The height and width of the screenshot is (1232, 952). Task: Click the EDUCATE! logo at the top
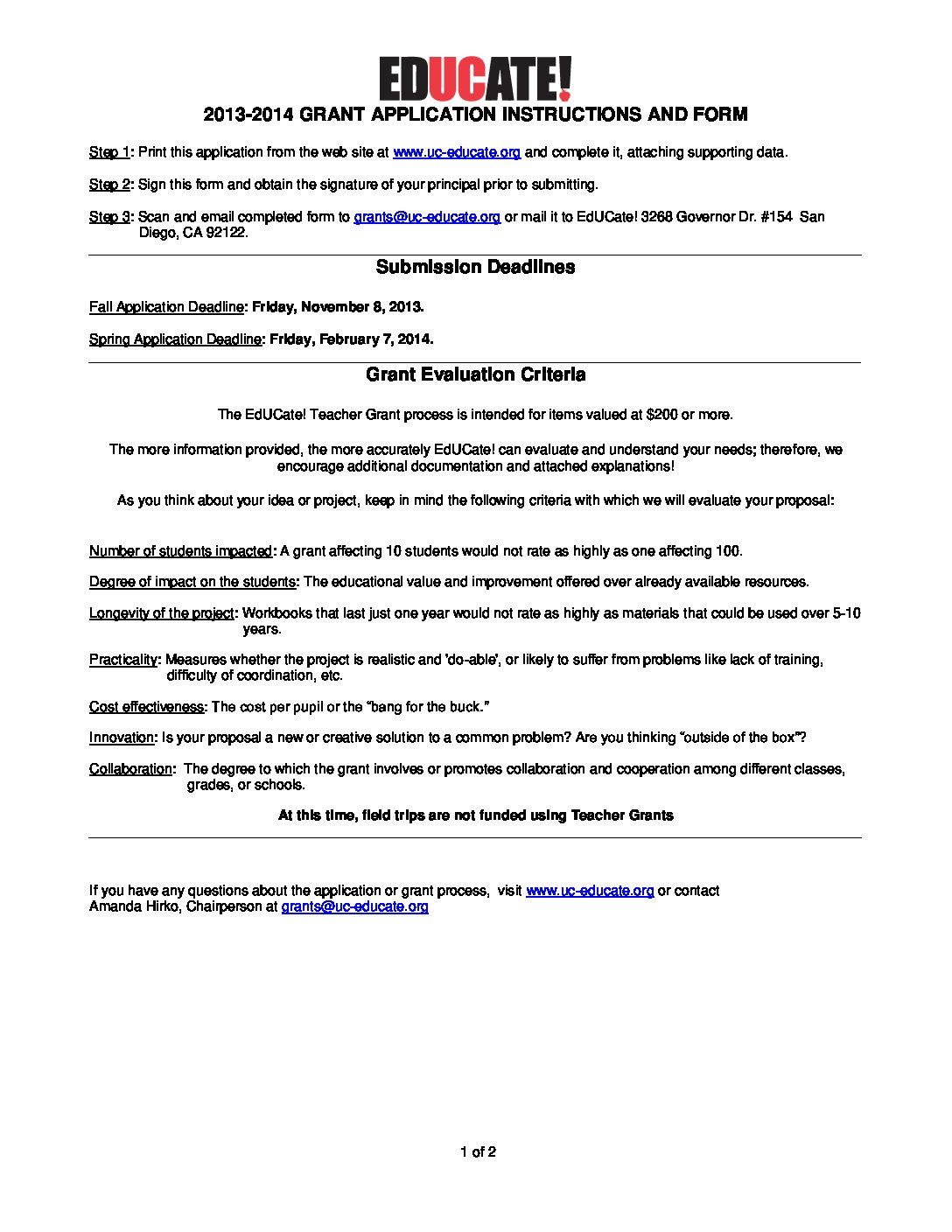[475, 79]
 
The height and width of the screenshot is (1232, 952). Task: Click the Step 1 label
[109, 152]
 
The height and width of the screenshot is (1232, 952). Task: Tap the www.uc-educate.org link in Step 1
[457, 152]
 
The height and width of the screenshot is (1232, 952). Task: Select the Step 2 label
[109, 185]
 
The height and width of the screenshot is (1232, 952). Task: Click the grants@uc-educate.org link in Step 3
[427, 217]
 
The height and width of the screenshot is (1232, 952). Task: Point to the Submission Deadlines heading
[475, 267]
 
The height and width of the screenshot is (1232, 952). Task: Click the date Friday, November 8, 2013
[337, 307]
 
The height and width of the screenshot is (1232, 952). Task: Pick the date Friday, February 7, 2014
[351, 339]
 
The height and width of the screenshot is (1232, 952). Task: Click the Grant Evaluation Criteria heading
[475, 374]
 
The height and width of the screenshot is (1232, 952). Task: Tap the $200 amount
[661, 415]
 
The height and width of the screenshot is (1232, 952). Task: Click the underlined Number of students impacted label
[180, 551]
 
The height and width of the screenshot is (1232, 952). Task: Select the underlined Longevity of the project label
[162, 613]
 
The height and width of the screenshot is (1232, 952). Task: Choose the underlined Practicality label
[123, 660]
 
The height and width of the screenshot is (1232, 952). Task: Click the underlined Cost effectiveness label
[147, 707]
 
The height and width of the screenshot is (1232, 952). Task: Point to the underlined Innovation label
[122, 738]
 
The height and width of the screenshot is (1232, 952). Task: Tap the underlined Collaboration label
[131, 769]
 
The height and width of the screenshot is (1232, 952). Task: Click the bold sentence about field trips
[475, 815]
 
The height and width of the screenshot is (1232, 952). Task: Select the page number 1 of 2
[478, 1152]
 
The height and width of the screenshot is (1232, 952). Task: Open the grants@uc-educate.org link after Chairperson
[354, 906]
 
